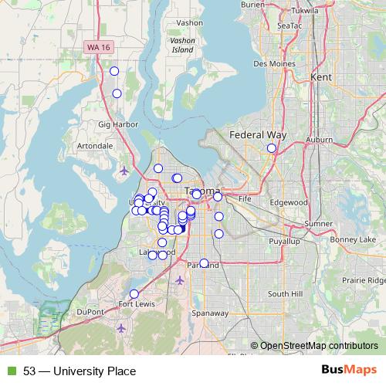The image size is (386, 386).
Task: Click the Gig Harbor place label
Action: pos(117,124)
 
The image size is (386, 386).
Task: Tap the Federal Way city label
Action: pos(257,134)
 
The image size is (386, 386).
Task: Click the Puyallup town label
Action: pos(283,242)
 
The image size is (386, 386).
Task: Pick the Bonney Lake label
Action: pos(351,240)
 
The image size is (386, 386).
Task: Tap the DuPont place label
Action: pos(90,312)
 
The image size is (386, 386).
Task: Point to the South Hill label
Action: pos(285,294)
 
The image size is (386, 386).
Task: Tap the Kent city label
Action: pos(320,77)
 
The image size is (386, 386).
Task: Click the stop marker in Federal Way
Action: pos(271,148)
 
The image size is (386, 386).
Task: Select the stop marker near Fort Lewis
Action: pos(134,293)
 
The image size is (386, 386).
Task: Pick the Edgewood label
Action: pos(288,202)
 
